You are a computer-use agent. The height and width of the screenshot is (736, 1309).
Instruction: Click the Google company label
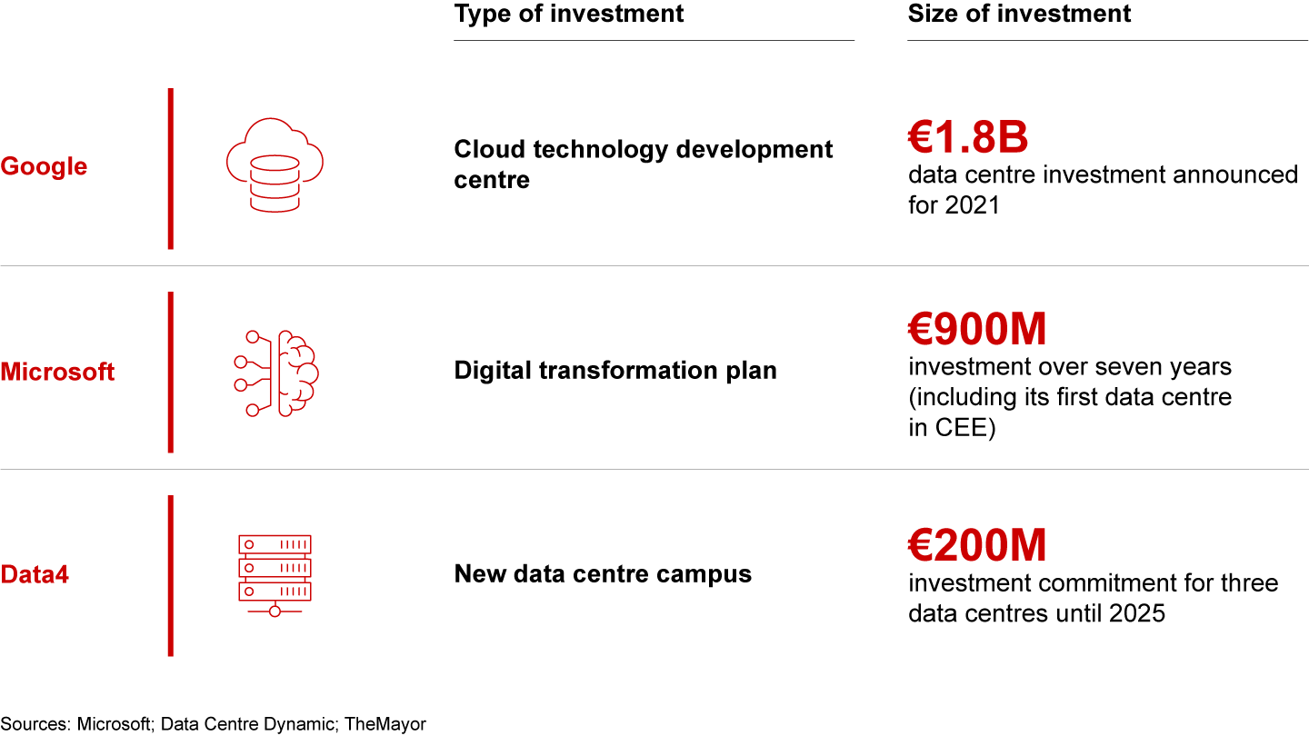(44, 167)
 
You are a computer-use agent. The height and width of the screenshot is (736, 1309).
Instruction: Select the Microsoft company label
(57, 372)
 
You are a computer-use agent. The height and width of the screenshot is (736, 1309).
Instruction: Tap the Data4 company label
(35, 575)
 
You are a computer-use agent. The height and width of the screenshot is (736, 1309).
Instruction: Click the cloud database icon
(275, 165)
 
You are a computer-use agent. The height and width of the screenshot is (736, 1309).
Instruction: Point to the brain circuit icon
(275, 373)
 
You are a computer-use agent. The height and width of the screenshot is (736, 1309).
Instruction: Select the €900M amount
(976, 329)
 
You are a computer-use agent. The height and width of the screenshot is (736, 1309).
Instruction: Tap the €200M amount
(976, 545)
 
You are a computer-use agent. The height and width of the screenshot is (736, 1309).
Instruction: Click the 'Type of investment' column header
(569, 14)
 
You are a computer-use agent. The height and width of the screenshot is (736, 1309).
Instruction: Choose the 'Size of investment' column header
(1019, 14)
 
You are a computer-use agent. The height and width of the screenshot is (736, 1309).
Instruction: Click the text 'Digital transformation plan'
(615, 371)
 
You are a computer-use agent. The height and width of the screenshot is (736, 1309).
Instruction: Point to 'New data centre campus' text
(603, 574)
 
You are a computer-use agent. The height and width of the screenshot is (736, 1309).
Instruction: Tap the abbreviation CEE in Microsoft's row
(962, 428)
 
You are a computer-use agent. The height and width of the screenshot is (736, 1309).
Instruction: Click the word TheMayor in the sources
(385, 724)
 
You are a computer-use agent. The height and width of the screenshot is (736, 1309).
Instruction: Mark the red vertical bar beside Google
(171, 169)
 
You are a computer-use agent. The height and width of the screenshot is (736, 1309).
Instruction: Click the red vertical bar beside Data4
(171, 576)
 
